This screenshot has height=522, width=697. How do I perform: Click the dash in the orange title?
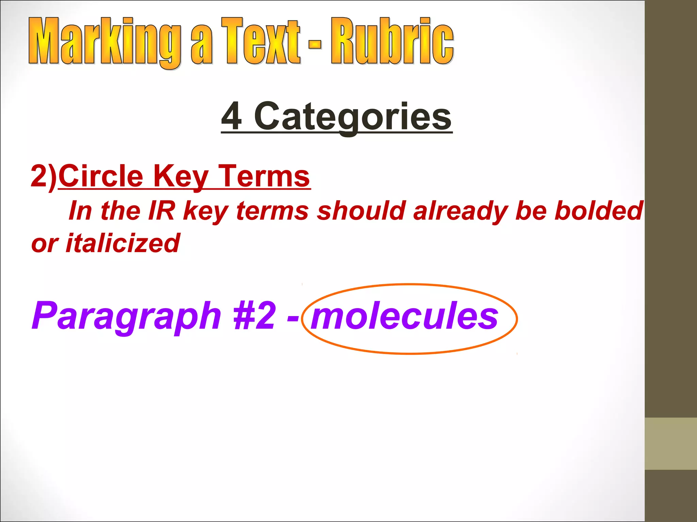click(315, 44)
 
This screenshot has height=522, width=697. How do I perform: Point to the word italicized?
click(123, 243)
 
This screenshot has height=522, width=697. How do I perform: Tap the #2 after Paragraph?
click(255, 316)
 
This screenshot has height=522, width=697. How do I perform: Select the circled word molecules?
click(404, 316)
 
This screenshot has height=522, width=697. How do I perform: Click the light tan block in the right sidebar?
click(670, 443)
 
